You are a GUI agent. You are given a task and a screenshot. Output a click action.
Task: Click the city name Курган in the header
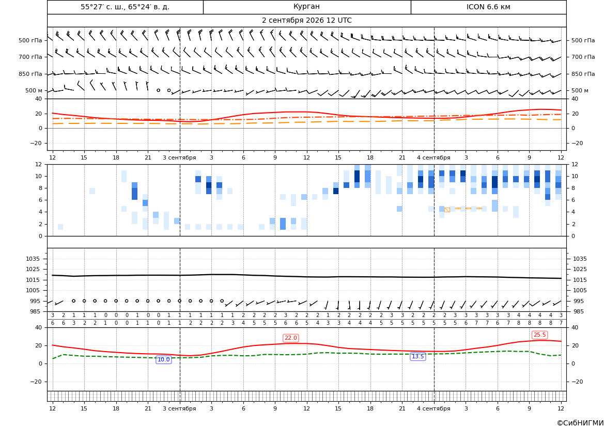(306, 7)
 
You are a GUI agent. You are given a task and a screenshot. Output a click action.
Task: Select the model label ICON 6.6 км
(488, 7)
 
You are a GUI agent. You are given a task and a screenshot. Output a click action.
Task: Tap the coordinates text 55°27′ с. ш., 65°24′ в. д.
(125, 7)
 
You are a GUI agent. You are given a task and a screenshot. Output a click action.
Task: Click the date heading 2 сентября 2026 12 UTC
(306, 21)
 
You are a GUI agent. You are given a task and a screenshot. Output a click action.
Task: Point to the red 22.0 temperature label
(290, 338)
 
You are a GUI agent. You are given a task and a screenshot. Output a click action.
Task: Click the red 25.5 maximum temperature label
(539, 335)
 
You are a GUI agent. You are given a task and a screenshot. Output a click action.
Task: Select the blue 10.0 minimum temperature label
(164, 359)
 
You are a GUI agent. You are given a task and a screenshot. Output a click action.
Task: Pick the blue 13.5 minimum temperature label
(418, 357)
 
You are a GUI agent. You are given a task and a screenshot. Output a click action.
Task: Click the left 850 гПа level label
(30, 74)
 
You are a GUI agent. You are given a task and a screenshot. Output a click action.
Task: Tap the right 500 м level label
(580, 90)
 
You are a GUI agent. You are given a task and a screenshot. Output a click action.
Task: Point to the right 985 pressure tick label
(580, 311)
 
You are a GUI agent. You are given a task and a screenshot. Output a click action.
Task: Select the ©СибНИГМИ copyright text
(580, 423)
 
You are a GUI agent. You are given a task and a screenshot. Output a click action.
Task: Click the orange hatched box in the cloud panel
(447, 210)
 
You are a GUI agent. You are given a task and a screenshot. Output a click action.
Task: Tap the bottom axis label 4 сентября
(433, 408)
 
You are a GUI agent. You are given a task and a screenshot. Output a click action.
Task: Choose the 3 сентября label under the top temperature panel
(179, 157)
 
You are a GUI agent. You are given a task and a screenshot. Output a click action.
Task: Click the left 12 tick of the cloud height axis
(39, 164)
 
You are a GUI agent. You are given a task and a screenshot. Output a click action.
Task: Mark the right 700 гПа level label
(583, 57)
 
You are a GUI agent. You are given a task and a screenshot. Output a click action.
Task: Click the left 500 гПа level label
(30, 40)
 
